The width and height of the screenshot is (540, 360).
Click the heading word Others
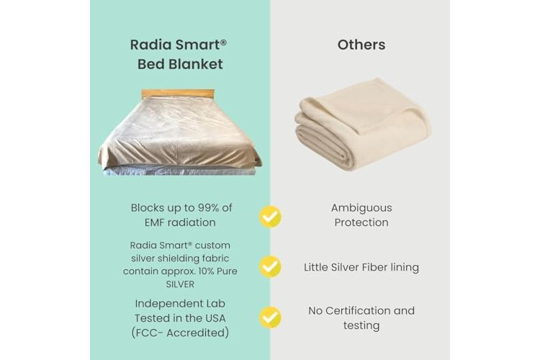click(361, 45)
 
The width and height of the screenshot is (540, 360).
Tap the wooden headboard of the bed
click(178, 94)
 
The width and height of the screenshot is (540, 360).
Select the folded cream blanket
click(363, 123)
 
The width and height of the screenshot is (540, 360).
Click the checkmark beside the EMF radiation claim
click(270, 216)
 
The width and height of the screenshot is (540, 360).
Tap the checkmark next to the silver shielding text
click(270, 266)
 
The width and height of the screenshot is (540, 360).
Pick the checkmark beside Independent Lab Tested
click(270, 317)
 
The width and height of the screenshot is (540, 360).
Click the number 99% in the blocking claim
click(207, 208)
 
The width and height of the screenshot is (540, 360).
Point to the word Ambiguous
click(361, 208)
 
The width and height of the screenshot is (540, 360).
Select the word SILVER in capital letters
click(180, 284)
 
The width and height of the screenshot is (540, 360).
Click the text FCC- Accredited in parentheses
click(180, 333)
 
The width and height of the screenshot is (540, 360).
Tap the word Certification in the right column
click(358, 311)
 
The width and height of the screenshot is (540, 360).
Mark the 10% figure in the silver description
click(206, 271)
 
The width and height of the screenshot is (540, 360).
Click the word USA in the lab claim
click(215, 318)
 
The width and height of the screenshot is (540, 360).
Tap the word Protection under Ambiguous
click(361, 222)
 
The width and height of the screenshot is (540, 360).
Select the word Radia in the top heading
click(150, 45)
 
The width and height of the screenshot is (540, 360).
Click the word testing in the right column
click(361, 325)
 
